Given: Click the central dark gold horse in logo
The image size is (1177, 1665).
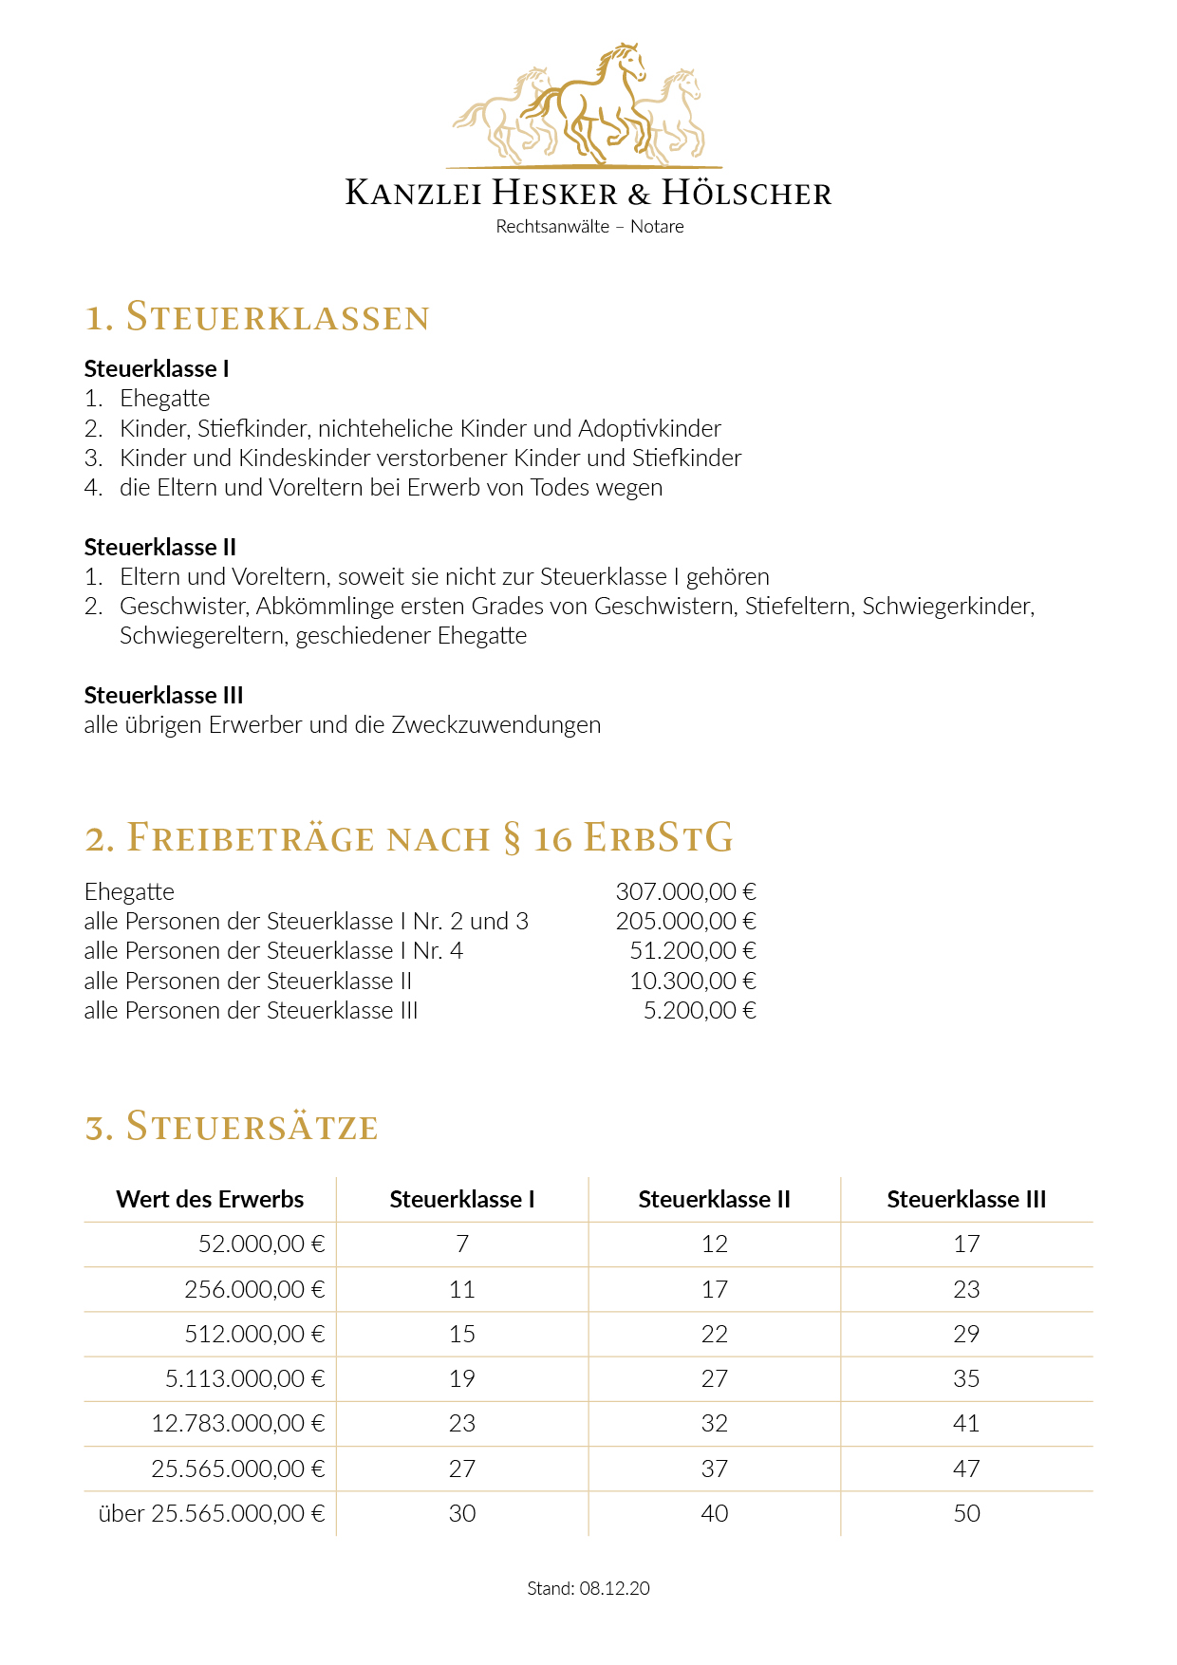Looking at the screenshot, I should tap(593, 104).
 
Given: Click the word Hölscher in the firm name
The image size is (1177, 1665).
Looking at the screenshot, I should tap(746, 193).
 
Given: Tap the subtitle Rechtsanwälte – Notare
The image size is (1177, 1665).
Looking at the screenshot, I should tap(589, 227).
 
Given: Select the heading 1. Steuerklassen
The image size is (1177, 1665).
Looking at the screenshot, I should tap(257, 317).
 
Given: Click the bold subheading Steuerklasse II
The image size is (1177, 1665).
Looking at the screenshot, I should tap(159, 547).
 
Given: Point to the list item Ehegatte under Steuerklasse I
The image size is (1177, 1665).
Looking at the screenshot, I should tap(164, 399).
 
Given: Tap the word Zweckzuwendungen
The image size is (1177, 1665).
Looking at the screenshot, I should tap(495, 725).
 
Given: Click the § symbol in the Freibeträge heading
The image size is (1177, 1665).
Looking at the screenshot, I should tap(512, 839).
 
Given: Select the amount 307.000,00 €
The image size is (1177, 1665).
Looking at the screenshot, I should tap(685, 892).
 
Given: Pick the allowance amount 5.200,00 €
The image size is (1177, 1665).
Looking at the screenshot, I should tap(700, 1011).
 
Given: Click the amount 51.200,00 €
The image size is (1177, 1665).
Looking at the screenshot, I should tap(693, 951).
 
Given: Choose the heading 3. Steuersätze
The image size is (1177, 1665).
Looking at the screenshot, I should tap(232, 1127).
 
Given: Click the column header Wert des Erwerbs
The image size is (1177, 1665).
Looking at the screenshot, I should tap(210, 1199).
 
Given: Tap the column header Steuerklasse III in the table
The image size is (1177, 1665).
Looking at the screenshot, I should tap(966, 1199).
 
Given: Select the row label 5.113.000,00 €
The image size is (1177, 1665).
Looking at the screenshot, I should tap(245, 1379).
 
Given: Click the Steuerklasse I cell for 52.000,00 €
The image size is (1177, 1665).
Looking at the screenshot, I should tap(462, 1244).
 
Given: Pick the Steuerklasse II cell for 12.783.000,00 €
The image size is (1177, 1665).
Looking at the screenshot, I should tap(714, 1424).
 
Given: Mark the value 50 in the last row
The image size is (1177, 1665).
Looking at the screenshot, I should tap(966, 1514).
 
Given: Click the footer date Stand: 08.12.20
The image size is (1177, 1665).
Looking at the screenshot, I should tap(588, 1588).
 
